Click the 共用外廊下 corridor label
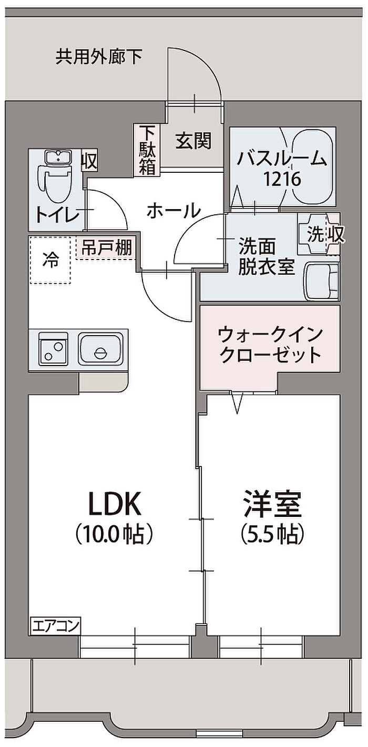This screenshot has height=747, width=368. coord(99,56)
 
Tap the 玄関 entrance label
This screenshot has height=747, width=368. coord(193,141)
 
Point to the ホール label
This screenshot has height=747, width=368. coord(173,211)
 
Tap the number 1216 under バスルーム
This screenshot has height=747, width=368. coord(282,179)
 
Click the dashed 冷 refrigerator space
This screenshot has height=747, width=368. coord(50,261)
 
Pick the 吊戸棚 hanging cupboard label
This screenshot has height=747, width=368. coord(107,247)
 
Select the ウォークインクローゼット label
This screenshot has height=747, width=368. coord(270,345)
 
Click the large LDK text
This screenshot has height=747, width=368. coord(114,505)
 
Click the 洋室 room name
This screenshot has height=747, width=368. coord(272,505)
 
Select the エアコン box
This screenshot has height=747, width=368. coord(56,626)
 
